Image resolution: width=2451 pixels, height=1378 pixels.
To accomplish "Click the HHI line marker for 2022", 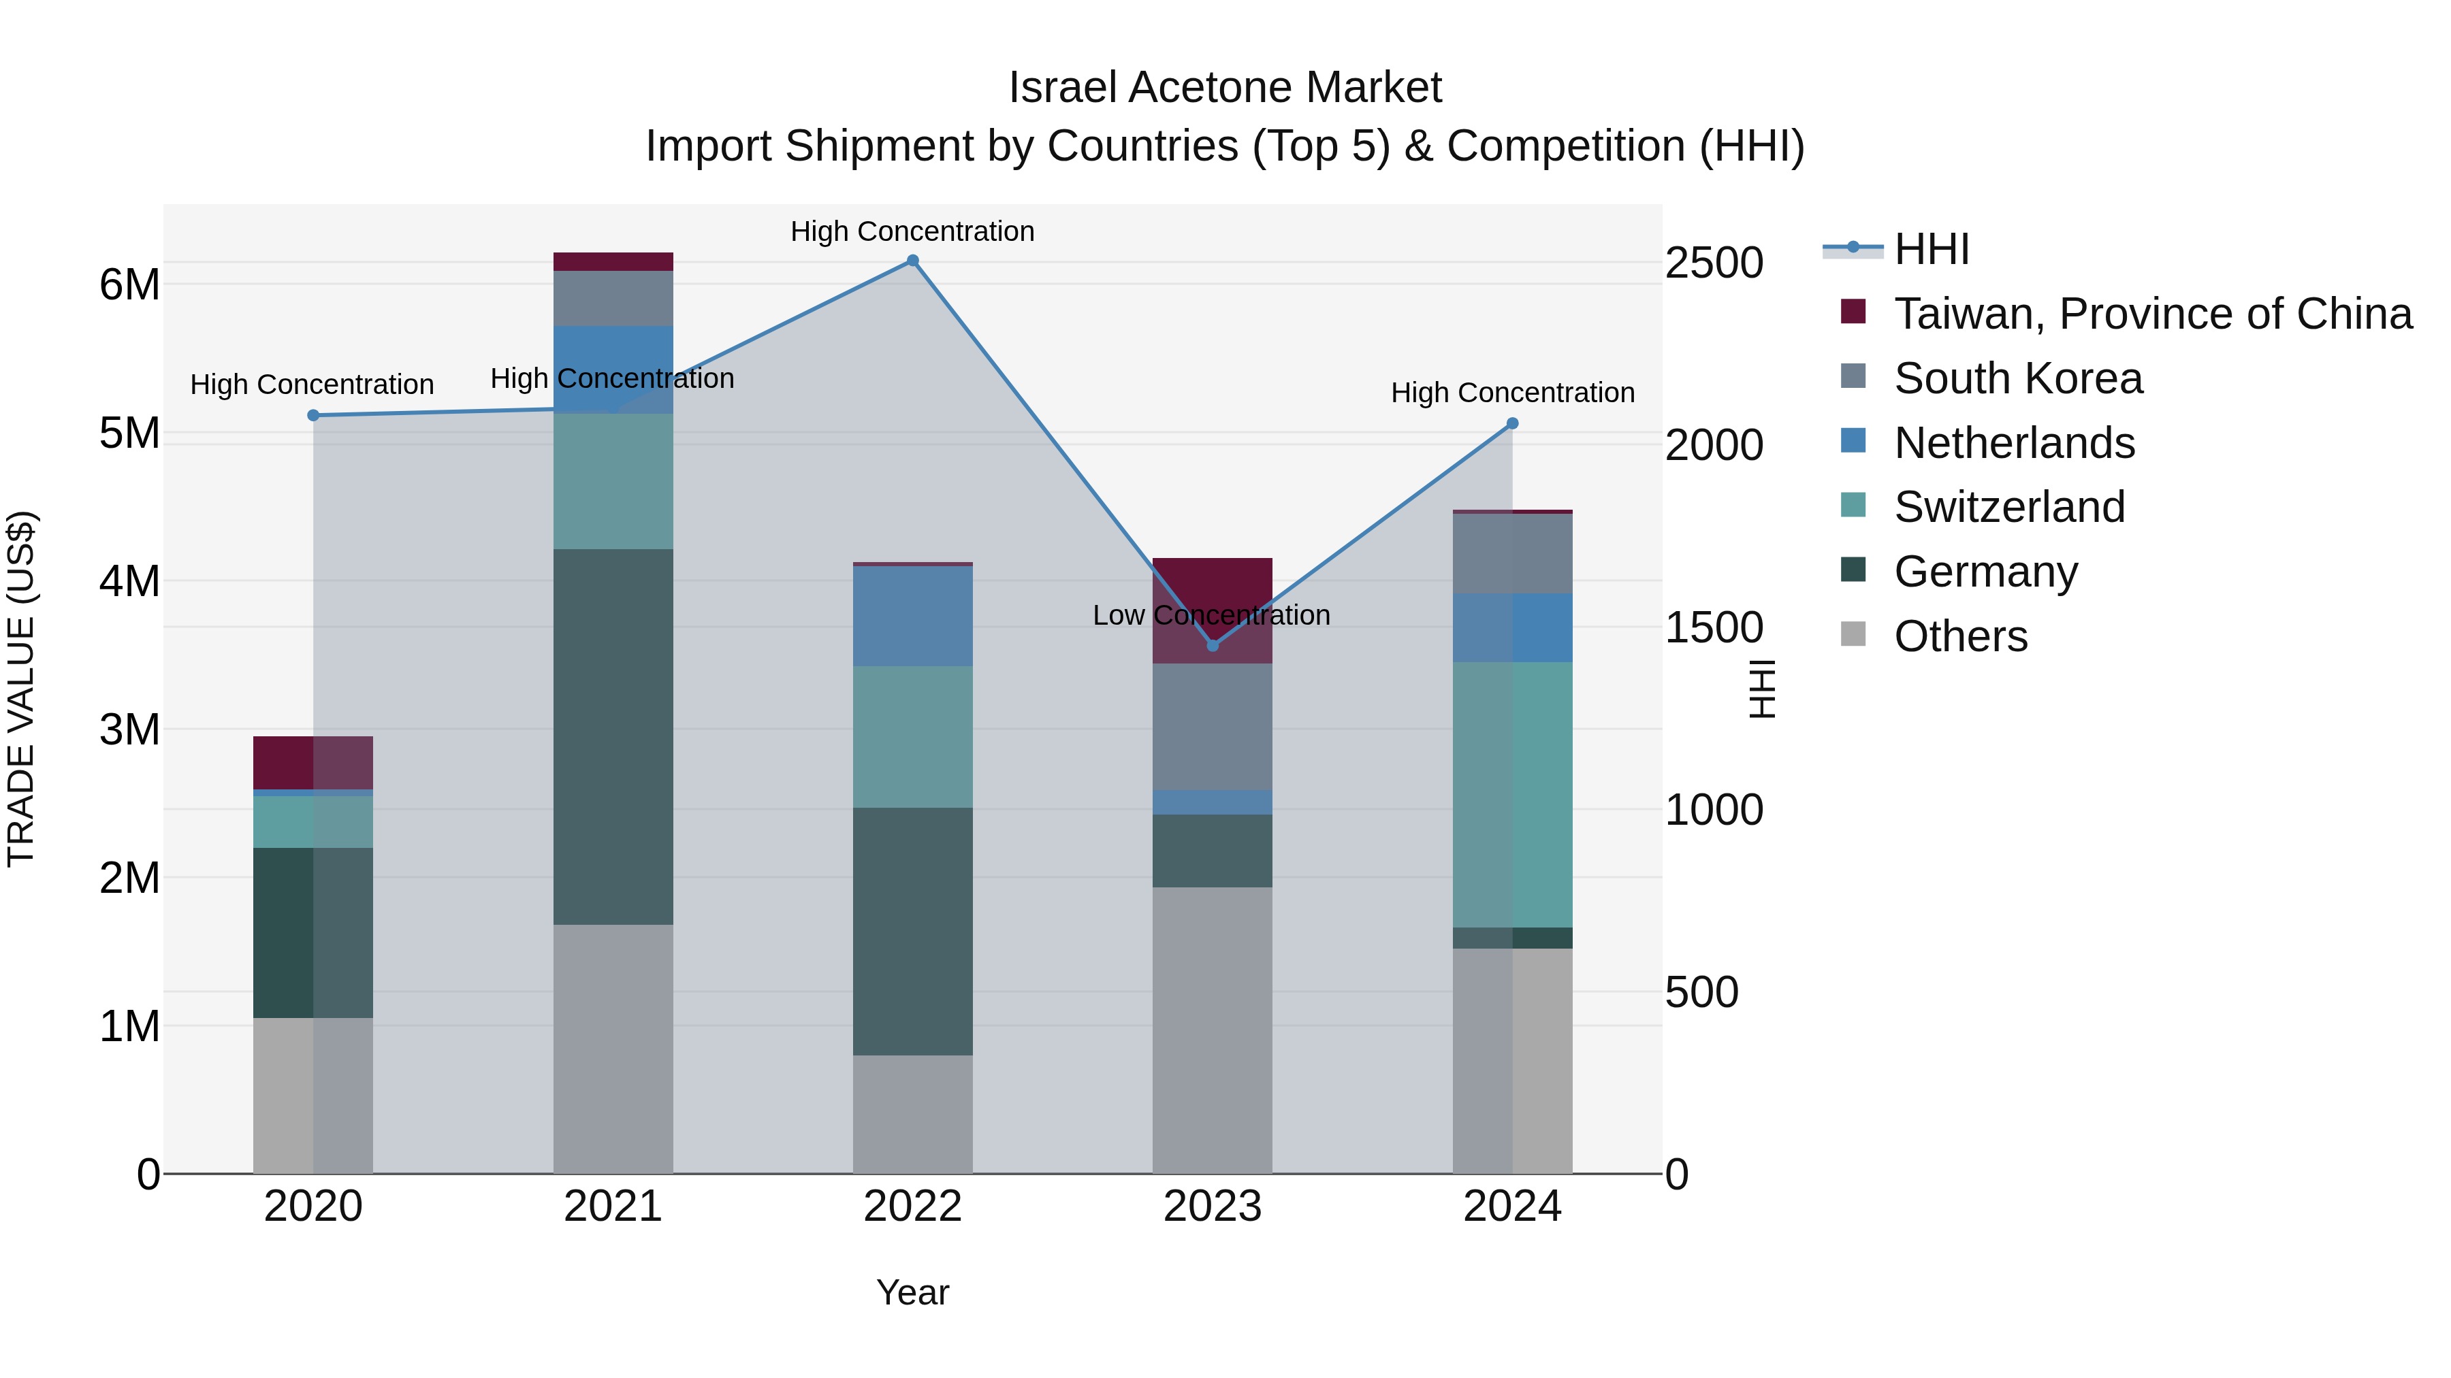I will pos(912,261).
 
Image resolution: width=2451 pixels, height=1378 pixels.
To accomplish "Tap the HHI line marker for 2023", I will pos(1212,646).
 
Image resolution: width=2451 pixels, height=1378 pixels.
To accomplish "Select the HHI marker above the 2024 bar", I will pos(1512,423).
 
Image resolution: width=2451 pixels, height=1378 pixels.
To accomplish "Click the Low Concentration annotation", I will pos(1211,615).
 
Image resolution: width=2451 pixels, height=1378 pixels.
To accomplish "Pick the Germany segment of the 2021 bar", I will pos(613,736).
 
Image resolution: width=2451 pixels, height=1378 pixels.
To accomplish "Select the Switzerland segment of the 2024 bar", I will pos(1512,794).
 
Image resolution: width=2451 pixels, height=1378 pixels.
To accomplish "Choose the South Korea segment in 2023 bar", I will pos(1212,727).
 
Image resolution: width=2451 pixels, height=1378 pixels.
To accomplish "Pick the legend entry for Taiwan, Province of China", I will pos(2152,314).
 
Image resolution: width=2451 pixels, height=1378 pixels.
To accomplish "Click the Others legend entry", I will pos(1960,636).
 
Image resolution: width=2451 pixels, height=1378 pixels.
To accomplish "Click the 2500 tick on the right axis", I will pos(1714,263).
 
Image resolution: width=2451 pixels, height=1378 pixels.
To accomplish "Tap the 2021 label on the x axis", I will pos(613,1207).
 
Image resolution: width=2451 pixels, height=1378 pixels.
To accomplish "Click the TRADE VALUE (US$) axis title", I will pos(21,689).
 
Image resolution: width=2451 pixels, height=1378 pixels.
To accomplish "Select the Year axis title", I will pos(912,1292).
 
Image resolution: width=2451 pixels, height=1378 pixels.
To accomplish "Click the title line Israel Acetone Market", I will pos(1225,88).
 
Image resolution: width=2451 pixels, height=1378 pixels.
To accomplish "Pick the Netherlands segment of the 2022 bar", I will pos(912,617).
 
